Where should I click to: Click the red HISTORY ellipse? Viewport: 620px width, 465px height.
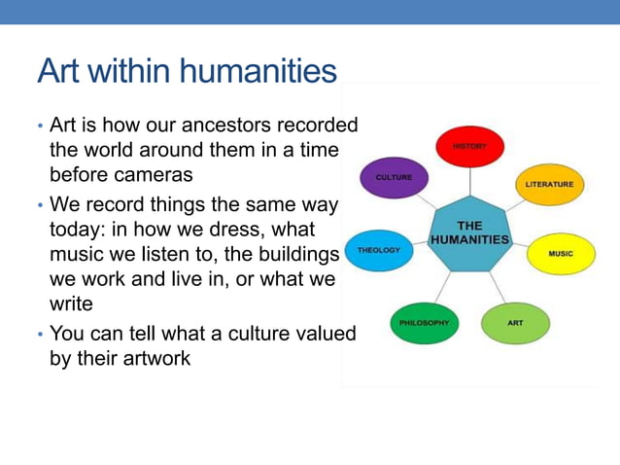(x=469, y=147)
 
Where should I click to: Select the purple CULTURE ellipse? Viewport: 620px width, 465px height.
(x=394, y=178)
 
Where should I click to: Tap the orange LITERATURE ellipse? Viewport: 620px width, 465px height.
(x=549, y=184)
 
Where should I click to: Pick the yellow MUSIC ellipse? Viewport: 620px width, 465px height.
(x=560, y=254)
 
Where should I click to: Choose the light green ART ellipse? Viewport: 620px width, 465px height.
(x=515, y=322)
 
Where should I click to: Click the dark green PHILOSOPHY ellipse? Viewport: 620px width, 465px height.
(x=424, y=323)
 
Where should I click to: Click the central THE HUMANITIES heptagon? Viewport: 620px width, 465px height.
(x=470, y=233)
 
